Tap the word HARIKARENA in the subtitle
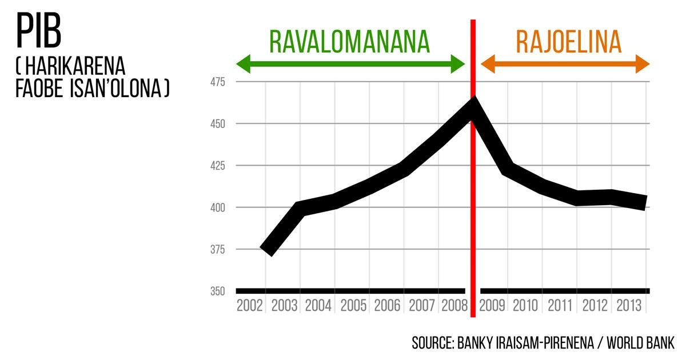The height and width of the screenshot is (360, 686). coord(75,66)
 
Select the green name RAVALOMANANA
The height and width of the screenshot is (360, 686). coord(349,42)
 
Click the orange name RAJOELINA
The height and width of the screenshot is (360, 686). coord(569,42)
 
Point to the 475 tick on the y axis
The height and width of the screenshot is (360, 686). coord(217,82)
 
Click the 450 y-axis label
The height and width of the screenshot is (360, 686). coord(217,124)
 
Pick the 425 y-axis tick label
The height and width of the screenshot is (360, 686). coord(217,166)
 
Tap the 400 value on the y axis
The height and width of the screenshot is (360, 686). coord(217,208)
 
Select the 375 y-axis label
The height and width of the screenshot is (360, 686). coord(217,250)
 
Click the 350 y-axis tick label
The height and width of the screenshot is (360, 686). coord(217,291)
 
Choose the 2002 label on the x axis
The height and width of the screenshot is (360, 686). coord(250,306)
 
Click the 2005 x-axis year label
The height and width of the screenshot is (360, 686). coord(353,306)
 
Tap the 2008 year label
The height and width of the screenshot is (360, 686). coord(454,306)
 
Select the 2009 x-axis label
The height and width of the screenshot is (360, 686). coord(492,306)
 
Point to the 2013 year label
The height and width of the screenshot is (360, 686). coord(629,306)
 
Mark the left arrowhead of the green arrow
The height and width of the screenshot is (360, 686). coord(244,64)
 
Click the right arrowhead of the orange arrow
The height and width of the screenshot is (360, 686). coord(643,64)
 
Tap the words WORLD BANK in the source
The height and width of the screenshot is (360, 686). coord(640,343)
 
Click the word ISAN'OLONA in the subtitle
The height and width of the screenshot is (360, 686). coord(119,89)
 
